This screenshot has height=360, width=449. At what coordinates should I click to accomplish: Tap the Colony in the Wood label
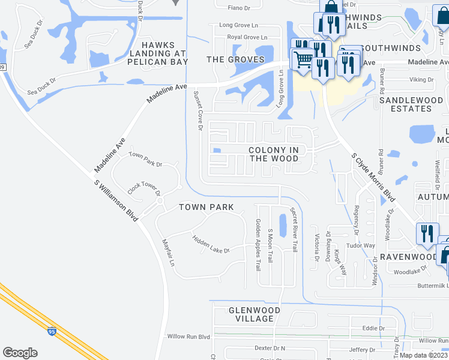point(274,154)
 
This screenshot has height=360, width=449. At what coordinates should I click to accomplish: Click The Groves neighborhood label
point(235,59)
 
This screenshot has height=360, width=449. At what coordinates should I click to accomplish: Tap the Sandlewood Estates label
point(414,104)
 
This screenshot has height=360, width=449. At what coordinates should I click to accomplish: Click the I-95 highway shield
point(52,330)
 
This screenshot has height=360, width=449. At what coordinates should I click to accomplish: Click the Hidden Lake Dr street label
point(211,244)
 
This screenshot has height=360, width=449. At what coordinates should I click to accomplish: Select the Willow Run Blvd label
point(188,337)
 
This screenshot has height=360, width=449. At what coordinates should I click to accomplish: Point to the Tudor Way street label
point(361,245)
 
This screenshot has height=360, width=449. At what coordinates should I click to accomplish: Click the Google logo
point(20,353)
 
